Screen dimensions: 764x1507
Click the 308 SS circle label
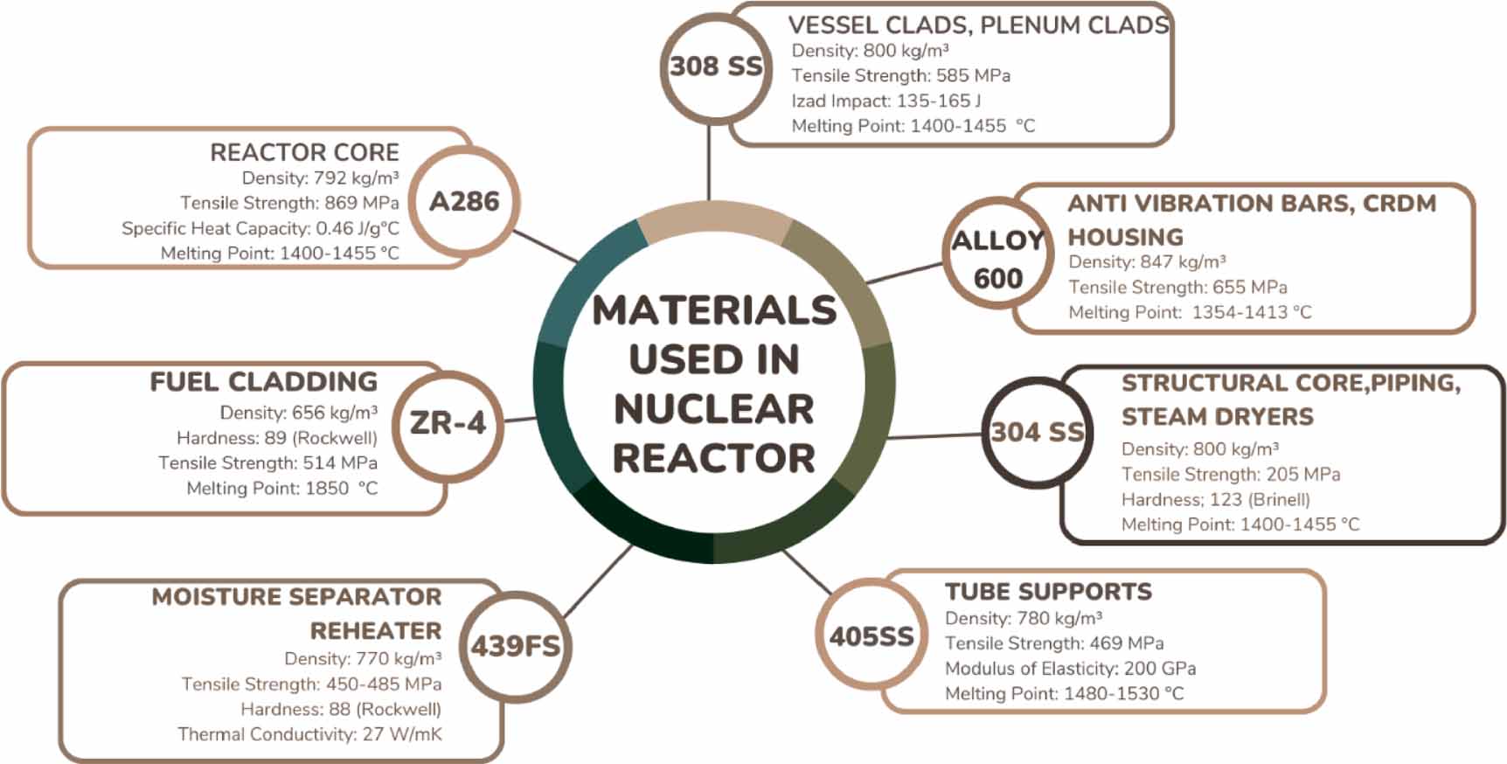point(715,66)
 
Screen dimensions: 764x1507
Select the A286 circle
point(464,202)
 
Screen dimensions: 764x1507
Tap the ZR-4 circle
point(448,424)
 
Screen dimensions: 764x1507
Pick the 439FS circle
point(515,646)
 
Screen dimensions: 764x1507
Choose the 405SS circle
point(872,636)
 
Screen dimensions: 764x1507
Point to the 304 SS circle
point(1037,432)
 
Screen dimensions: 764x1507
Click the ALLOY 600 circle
point(997,259)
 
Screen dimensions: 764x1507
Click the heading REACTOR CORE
point(304,152)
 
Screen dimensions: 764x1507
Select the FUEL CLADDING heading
point(263,382)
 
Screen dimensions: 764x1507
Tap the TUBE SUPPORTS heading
point(1048,592)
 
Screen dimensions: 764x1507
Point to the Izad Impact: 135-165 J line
point(885,101)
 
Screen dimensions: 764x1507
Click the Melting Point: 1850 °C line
point(281,489)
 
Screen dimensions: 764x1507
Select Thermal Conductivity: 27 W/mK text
point(309,734)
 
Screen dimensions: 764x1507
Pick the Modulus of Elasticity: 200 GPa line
point(1070,669)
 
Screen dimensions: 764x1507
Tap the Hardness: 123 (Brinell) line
point(1215,500)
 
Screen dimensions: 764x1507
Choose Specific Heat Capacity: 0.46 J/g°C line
point(260,228)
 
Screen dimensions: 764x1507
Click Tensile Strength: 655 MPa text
point(1177,288)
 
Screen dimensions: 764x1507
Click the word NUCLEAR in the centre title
point(713,409)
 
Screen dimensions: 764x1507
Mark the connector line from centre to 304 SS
point(935,434)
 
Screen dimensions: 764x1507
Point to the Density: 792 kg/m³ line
point(320,178)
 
